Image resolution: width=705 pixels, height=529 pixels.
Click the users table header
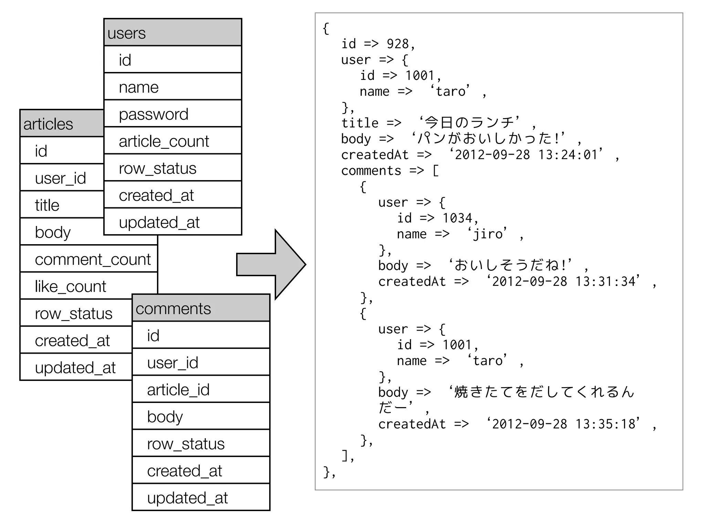(x=172, y=33)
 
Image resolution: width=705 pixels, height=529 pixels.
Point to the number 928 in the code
(x=398, y=44)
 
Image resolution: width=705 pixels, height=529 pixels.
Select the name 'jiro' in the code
(x=487, y=234)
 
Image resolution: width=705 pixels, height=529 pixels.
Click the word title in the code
(x=360, y=123)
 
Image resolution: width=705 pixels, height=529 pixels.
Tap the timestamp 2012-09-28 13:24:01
(x=526, y=155)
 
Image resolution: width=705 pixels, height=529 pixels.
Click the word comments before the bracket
(x=371, y=171)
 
